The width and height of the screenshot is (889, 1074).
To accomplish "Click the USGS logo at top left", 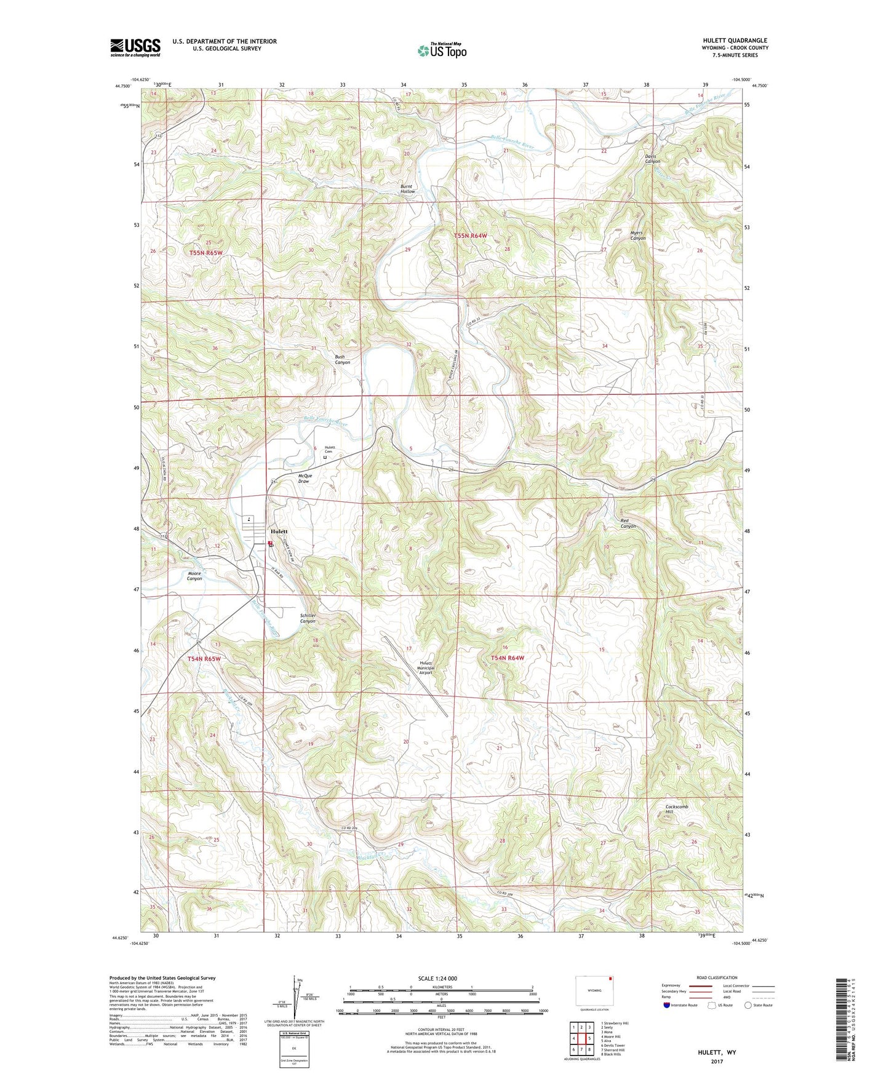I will [135, 47].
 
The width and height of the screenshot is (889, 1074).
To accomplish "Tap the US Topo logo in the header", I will [441, 50].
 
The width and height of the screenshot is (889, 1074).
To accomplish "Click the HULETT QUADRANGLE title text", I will [735, 41].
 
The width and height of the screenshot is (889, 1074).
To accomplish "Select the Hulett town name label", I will [279, 531].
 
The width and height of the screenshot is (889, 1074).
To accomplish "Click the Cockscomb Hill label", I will [677, 809].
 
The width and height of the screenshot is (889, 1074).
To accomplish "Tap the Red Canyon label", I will [628, 523].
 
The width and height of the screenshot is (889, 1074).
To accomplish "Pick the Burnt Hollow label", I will [407, 189].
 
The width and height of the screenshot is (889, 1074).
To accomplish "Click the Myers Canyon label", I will [637, 236].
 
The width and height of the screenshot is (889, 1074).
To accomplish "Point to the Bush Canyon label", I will [342, 359].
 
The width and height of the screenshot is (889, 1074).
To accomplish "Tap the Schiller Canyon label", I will [308, 618].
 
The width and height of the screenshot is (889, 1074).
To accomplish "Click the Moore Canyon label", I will [194, 576].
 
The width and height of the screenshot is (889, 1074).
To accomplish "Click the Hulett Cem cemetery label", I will [330, 450].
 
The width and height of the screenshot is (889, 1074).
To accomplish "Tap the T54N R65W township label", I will [204, 659].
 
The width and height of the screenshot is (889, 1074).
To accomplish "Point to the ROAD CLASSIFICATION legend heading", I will [717, 977].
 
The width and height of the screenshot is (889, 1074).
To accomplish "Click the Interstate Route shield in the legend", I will [668, 1005].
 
